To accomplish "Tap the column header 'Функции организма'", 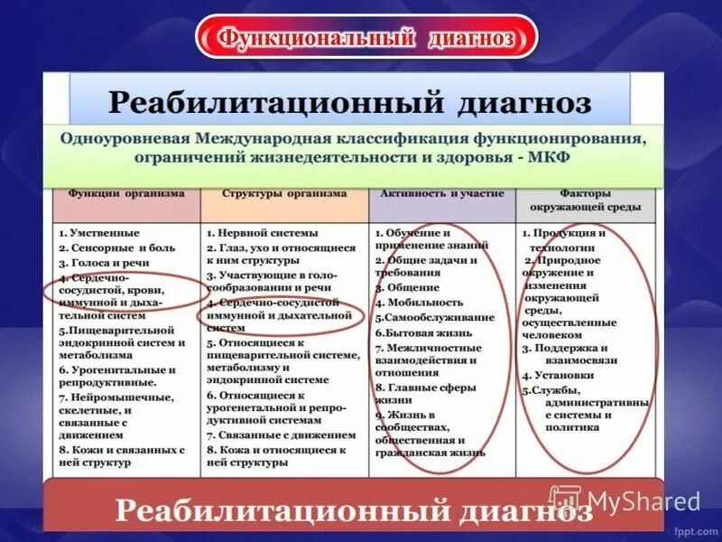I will click(125, 193).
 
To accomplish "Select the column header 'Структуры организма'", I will click(284, 193).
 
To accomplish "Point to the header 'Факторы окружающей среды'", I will click(587, 200).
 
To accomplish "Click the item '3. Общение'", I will click(408, 288).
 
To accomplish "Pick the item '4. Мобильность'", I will click(419, 303).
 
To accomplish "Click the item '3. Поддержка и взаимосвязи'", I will click(569, 352).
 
